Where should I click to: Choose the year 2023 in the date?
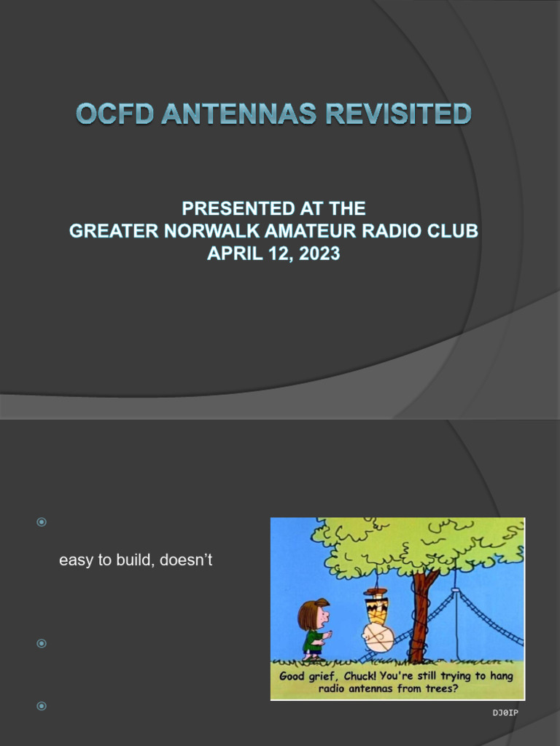point(318,255)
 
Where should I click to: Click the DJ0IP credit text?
point(505,712)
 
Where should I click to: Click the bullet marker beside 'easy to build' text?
point(42,522)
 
